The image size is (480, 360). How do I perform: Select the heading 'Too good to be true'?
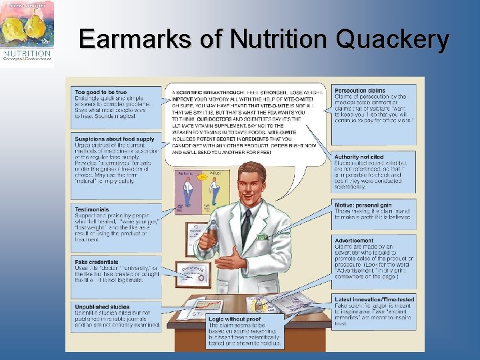coord(101,91)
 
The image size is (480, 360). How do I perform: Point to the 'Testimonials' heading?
coord(92,209)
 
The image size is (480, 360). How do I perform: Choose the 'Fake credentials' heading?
coord(97,262)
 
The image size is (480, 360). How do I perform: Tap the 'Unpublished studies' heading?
coord(102,306)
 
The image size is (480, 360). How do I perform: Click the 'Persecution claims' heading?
coord(360,90)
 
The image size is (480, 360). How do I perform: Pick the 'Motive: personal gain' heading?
coord(364,205)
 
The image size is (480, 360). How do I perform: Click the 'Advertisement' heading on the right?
coord(354,241)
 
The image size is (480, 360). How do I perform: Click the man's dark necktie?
coord(246,226)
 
